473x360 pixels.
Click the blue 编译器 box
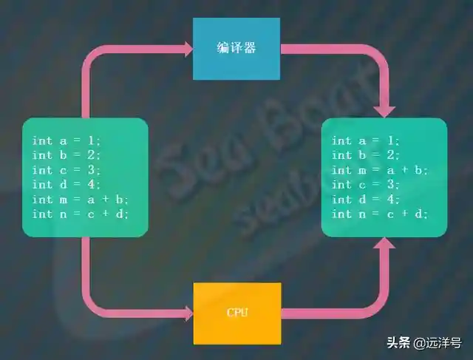(x=236, y=48)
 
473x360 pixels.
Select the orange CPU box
(x=236, y=313)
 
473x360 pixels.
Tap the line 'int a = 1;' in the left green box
(x=67, y=140)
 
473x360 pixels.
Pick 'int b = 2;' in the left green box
(x=67, y=155)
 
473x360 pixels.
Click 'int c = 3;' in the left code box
(x=67, y=170)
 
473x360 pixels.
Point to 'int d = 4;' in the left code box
(x=67, y=185)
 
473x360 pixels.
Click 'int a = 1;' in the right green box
(x=366, y=140)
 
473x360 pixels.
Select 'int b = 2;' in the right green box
(x=366, y=155)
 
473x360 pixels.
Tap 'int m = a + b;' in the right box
(x=380, y=170)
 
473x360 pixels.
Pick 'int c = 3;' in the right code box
(x=366, y=185)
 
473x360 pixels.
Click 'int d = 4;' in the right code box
(x=366, y=200)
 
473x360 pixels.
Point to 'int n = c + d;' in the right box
(x=380, y=214)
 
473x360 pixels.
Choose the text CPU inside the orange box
(x=237, y=313)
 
